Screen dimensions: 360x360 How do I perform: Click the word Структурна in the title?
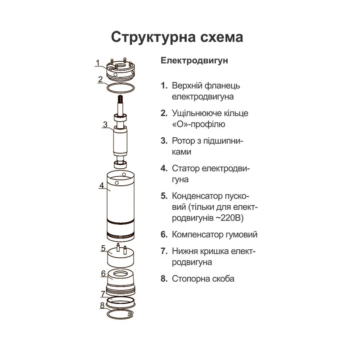(153, 37)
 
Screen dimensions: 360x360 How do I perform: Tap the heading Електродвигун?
(194, 61)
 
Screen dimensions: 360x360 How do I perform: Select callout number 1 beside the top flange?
(98, 63)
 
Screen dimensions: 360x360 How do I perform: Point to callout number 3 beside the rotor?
(105, 125)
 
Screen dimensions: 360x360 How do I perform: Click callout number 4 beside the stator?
(102, 185)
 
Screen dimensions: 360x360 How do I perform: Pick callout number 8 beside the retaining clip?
(102, 306)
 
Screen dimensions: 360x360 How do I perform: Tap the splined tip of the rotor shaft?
(120, 99)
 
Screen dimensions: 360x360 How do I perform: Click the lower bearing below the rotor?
(120, 165)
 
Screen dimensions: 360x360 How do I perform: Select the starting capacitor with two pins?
(121, 256)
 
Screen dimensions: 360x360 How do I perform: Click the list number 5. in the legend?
(164, 196)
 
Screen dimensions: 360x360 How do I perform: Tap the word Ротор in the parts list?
(184, 141)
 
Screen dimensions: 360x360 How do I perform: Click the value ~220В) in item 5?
(229, 218)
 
